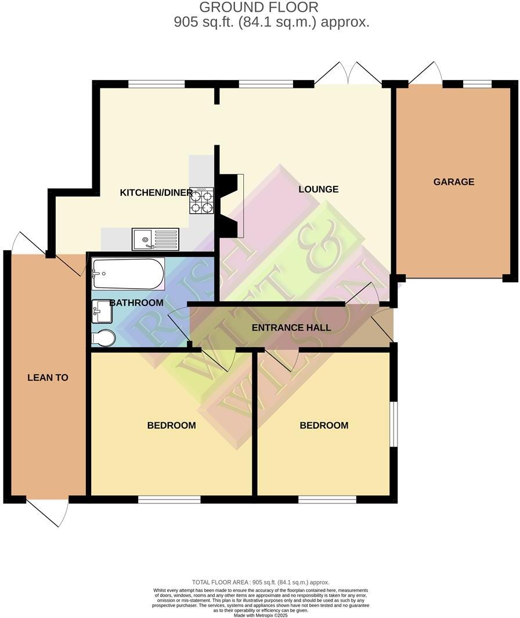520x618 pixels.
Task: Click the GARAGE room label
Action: (x=453, y=182)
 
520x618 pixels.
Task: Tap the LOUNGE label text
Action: (x=318, y=189)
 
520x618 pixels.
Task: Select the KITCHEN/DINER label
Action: (x=156, y=193)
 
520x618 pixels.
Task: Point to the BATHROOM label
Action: (x=136, y=303)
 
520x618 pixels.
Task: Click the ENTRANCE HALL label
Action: (x=291, y=328)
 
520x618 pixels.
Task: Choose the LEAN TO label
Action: (x=48, y=378)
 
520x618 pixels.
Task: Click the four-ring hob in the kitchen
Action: (x=201, y=200)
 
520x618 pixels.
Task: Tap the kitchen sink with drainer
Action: (x=155, y=239)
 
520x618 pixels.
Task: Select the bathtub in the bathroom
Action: (x=128, y=274)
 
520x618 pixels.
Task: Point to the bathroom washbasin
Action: (x=101, y=311)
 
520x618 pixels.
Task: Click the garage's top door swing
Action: (x=426, y=74)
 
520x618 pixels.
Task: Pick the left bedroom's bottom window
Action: (x=169, y=499)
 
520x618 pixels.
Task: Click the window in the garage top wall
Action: (x=477, y=84)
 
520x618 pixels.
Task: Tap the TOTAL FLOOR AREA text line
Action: (x=261, y=582)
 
